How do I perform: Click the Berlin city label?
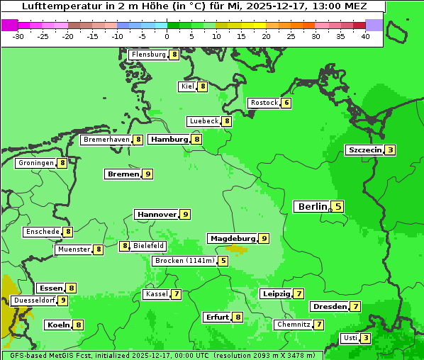312,207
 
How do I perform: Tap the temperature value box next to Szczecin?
391,150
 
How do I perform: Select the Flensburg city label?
148,55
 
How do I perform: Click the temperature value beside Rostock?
286,103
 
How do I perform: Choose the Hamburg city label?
169,140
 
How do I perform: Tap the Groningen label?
36,163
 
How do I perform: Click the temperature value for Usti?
366,338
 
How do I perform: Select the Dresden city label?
329,307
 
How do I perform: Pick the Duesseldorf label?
33,300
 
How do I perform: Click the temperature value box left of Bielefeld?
125,246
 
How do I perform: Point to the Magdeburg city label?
233,239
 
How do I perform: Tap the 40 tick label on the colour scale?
365,37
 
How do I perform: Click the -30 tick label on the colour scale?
18,37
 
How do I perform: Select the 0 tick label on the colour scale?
167,37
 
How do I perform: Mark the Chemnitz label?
294,325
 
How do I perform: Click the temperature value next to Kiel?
202,86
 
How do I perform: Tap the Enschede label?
42,232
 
